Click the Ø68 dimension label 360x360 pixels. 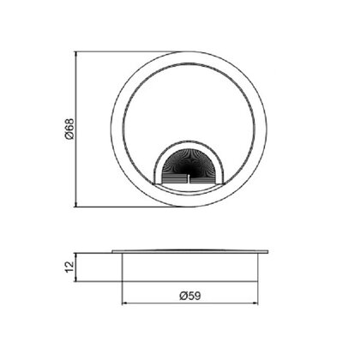[69, 129]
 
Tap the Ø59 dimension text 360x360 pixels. [190, 296]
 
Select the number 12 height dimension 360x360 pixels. [69, 267]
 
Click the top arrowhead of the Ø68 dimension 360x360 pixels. [75, 54]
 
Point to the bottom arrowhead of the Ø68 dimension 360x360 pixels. [75, 204]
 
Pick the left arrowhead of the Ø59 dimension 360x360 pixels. [124, 303]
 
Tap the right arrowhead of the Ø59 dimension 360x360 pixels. [255, 303]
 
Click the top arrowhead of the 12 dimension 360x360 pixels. [75, 255]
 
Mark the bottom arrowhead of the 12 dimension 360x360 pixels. [75, 279]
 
